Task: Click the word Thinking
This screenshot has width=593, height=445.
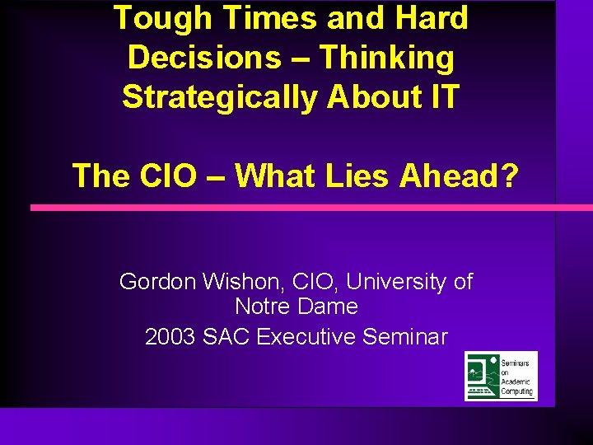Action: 386,58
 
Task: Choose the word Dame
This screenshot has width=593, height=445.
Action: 329,307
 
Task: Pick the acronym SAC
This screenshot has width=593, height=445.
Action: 226,337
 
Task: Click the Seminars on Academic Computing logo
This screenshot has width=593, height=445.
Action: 501,376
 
